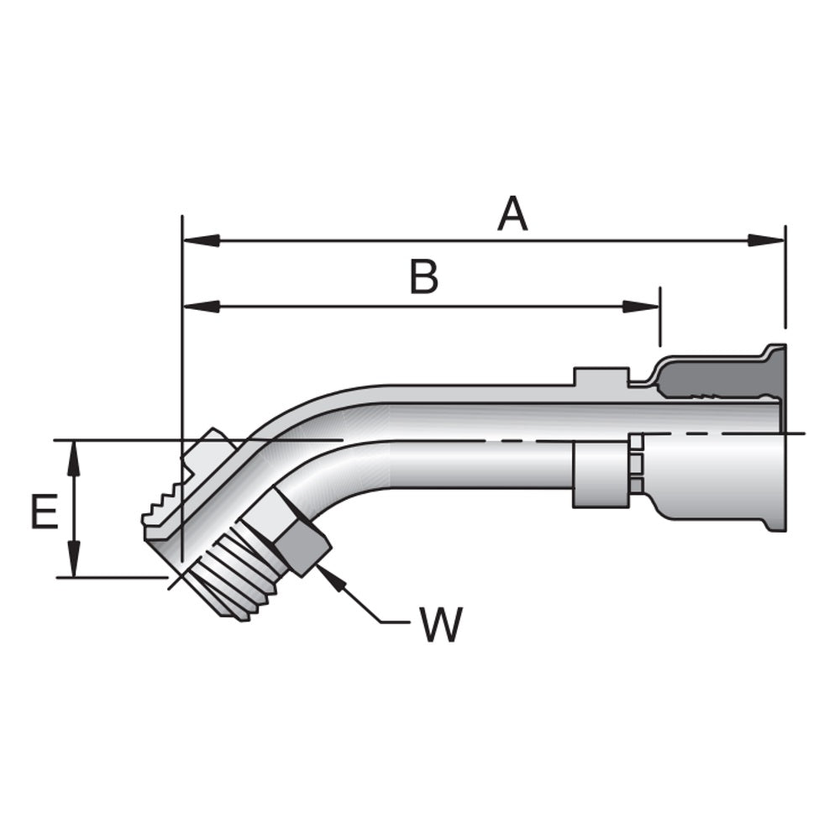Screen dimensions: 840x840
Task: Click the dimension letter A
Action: tap(512, 213)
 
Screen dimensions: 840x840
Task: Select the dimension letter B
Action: tap(424, 277)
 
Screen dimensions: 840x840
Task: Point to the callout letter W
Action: tap(440, 623)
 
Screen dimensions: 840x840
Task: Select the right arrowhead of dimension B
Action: tap(642, 307)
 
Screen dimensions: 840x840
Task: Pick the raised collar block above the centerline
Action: tap(601, 378)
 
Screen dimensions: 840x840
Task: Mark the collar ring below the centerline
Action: tap(600, 475)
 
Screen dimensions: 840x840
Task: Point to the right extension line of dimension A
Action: tap(785, 277)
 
